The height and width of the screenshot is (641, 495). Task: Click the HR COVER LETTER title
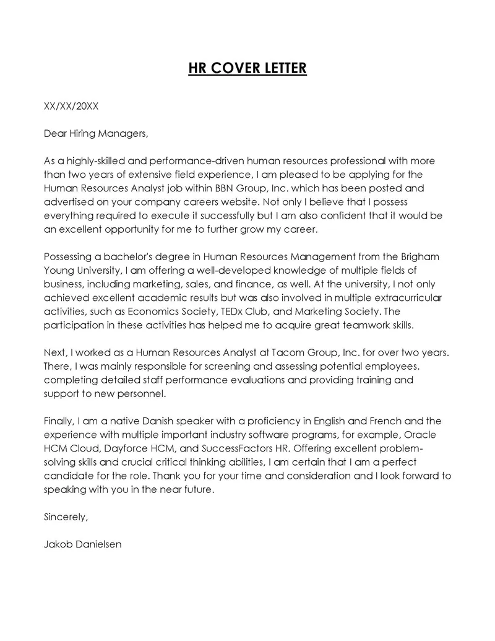pos(247,68)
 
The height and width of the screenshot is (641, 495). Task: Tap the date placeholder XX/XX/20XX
pos(71,106)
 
